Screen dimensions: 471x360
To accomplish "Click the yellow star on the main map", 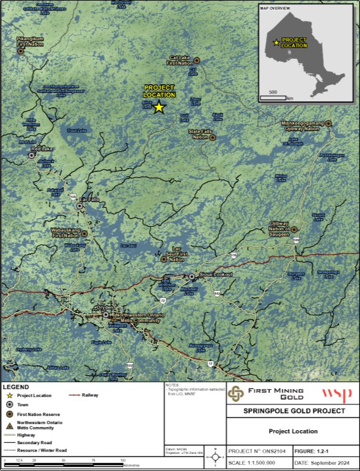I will pyautogui.click(x=159, y=108).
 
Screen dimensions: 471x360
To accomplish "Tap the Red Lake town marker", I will pyautogui.click(x=32, y=156).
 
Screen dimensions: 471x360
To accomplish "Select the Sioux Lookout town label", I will pyautogui.click(x=214, y=276).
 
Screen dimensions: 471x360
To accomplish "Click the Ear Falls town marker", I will pyautogui.click(x=79, y=206).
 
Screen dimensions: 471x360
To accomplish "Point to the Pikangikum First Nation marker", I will pyautogui.click(x=20, y=51).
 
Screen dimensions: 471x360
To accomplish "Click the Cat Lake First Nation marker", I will pyautogui.click(x=197, y=60).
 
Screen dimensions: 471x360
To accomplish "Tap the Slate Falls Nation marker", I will pyautogui.click(x=213, y=137).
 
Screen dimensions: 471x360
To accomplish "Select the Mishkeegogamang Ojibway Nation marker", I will pyautogui.click(x=328, y=123).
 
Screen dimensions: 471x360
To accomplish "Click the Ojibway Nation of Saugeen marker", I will pyautogui.click(x=294, y=230).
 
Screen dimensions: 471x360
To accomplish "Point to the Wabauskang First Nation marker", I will pyautogui.click(x=84, y=233).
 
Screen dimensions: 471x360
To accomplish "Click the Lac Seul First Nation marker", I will pyautogui.click(x=163, y=259).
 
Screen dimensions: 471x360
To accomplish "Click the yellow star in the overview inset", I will pyautogui.click(x=276, y=43).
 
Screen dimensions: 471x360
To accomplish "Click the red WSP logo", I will pyautogui.click(x=332, y=395).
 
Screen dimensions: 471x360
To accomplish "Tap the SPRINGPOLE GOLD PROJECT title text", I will pyautogui.click(x=293, y=411).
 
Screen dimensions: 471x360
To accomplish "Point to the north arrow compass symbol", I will pyautogui.click(x=215, y=456).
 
